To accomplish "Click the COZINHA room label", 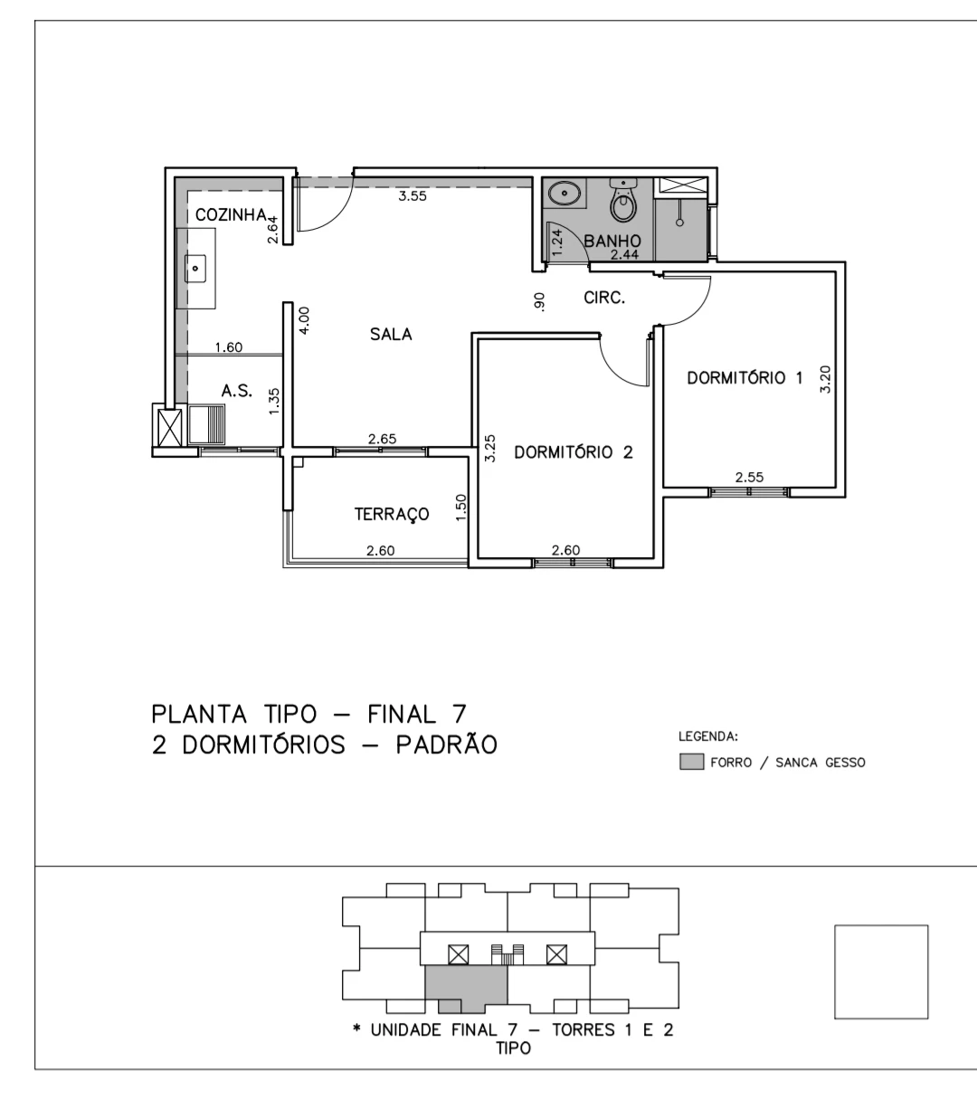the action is [231, 215].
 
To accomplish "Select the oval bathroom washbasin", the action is [564, 194].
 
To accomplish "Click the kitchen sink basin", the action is [195, 268].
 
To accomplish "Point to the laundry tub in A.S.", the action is [207, 424].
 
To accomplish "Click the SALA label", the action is [391, 335].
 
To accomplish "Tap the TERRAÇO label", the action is [392, 514].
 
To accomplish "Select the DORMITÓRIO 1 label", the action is [745, 378].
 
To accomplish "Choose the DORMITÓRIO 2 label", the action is [574, 452].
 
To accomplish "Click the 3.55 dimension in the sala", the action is [413, 196].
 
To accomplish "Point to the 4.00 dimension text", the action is [304, 320].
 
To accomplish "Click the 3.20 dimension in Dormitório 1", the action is [825, 380].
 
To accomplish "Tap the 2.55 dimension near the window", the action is [749, 478].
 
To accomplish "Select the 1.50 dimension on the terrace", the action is [460, 507].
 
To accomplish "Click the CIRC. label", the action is [604, 298].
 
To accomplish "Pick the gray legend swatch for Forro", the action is [691, 761].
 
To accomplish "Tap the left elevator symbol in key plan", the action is [459, 954].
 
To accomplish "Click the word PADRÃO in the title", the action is [446, 744].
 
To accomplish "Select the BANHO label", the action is [612, 241].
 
